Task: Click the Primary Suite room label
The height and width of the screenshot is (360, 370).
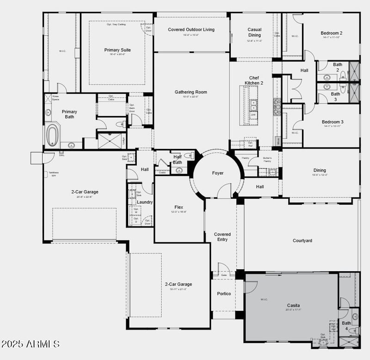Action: pyautogui.click(x=117, y=50)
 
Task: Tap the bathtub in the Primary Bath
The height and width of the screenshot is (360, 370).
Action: pyautogui.click(x=53, y=135)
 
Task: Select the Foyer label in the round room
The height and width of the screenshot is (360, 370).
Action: pyautogui.click(x=218, y=173)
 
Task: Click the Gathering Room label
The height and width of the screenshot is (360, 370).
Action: pyautogui.click(x=191, y=92)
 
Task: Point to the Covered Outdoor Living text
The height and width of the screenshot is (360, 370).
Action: pyautogui.click(x=191, y=30)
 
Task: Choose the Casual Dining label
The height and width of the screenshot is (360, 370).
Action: pyautogui.click(x=254, y=32)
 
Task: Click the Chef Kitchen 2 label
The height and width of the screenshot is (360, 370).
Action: pyautogui.click(x=254, y=81)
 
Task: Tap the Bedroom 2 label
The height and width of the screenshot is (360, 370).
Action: pyautogui.click(x=332, y=33)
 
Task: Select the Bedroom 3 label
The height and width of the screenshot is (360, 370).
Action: pyautogui.click(x=333, y=122)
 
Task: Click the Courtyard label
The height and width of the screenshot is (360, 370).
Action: pyautogui.click(x=302, y=241)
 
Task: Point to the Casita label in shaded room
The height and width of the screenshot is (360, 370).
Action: pyautogui.click(x=293, y=305)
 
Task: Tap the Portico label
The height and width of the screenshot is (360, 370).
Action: pyautogui.click(x=224, y=294)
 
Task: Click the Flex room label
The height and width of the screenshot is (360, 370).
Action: pyautogui.click(x=179, y=207)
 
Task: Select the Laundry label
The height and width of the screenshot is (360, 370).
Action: pyautogui.click(x=145, y=202)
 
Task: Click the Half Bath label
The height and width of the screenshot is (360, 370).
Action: pyautogui.click(x=177, y=160)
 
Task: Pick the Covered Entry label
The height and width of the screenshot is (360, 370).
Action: pyautogui.click(x=222, y=237)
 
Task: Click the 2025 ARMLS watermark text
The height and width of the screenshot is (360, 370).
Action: pyautogui.click(x=31, y=344)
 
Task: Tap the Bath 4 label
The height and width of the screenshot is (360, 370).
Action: pyautogui.click(x=346, y=326)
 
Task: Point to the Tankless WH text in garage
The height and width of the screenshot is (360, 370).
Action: pyautogui.click(x=53, y=174)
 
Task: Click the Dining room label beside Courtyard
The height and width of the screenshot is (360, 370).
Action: pyautogui.click(x=319, y=170)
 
